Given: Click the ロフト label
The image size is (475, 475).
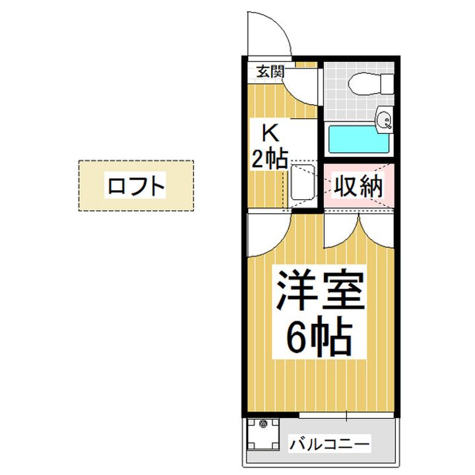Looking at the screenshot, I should tap(136, 186).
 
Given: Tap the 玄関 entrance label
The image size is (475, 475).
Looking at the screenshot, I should tap(270, 72).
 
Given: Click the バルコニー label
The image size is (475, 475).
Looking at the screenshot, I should tap(330, 443).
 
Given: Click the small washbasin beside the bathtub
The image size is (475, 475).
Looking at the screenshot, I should tap(385, 119).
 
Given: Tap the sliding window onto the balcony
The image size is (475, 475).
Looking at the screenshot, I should tap(346, 416).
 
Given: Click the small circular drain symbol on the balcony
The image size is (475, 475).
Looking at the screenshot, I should tap(263, 424).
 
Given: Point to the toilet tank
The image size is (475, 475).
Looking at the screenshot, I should tap(385, 84).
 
